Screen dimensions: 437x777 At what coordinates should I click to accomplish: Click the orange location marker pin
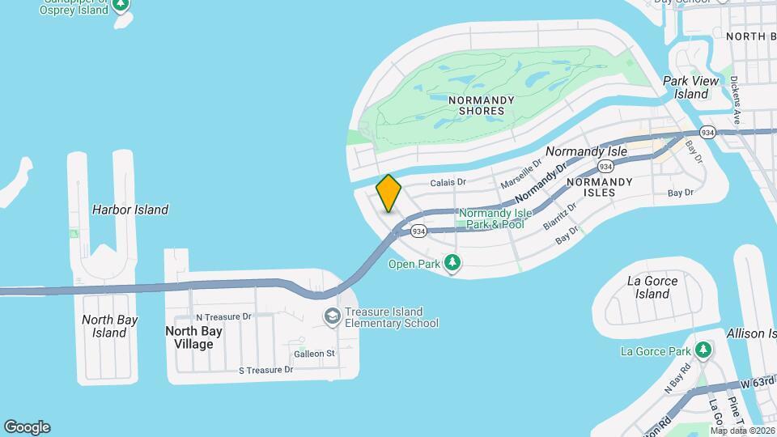[x=388, y=193]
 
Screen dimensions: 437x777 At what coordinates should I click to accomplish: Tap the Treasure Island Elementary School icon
[x=331, y=316]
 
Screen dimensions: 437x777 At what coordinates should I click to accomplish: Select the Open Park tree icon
[x=452, y=263]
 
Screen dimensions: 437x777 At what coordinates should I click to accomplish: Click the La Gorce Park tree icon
[x=703, y=350]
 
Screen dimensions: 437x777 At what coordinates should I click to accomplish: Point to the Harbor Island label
[x=130, y=210]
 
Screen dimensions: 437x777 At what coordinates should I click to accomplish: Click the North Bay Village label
[x=189, y=337]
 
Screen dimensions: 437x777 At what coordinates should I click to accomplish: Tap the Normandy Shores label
[x=482, y=105]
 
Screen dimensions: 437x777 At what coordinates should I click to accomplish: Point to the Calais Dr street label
[x=448, y=183]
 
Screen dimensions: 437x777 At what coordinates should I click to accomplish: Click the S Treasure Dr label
[x=265, y=370]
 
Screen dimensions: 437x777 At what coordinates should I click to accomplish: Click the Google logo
[x=27, y=426]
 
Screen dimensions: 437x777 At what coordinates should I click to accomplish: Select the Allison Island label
[x=752, y=333]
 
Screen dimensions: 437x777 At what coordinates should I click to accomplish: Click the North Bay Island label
[x=109, y=326]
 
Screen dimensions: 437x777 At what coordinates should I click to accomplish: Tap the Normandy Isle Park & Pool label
[x=495, y=218]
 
